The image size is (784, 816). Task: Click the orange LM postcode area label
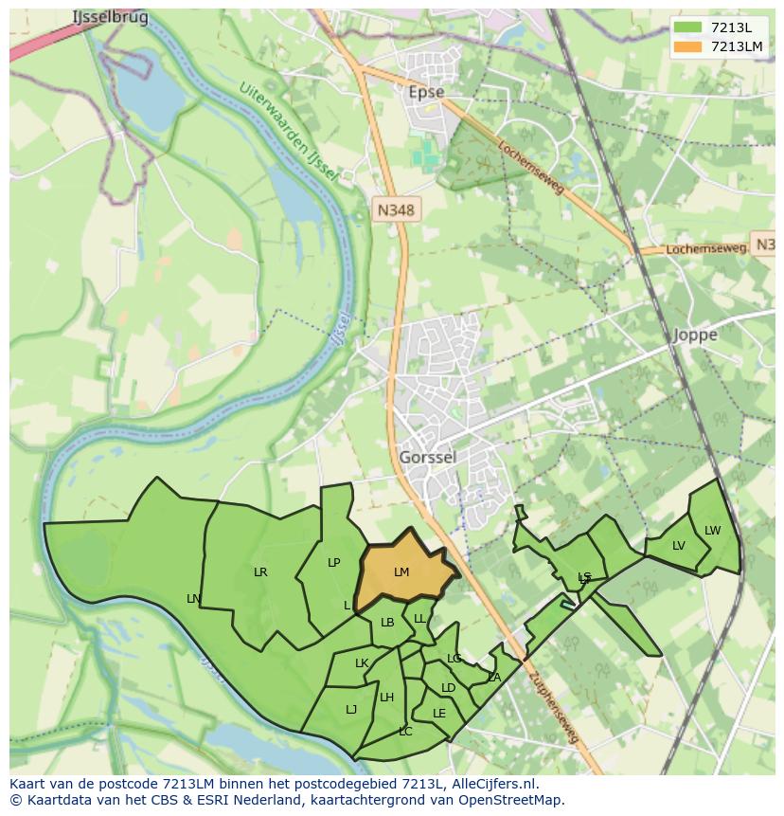(x=401, y=572)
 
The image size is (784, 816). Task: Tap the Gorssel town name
(x=427, y=458)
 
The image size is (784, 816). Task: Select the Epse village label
(x=425, y=92)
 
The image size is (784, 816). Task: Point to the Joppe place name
(x=695, y=335)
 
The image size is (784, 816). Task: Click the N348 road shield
(x=395, y=210)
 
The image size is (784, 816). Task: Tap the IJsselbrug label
(x=110, y=17)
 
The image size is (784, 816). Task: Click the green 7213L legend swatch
(x=688, y=27)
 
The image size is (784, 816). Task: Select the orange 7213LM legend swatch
(x=688, y=46)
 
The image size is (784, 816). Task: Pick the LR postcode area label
(x=260, y=572)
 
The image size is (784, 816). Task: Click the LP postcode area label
(x=333, y=563)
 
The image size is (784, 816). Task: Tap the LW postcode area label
(x=712, y=531)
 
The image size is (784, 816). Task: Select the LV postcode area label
(x=678, y=546)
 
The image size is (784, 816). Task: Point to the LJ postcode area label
(x=351, y=709)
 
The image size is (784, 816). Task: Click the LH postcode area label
(x=386, y=698)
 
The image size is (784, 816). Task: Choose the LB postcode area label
(x=386, y=623)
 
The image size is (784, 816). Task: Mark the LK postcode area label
(x=361, y=663)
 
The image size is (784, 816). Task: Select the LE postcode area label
(x=438, y=714)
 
